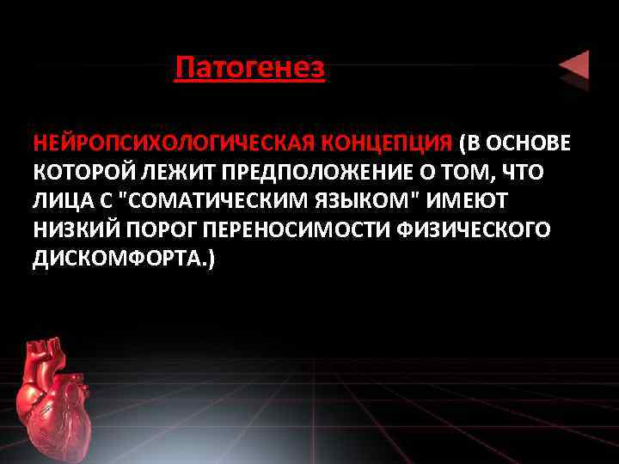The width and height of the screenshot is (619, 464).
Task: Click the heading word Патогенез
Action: click(249, 67)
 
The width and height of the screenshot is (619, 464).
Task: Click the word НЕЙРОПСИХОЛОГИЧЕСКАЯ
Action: click(175, 141)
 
